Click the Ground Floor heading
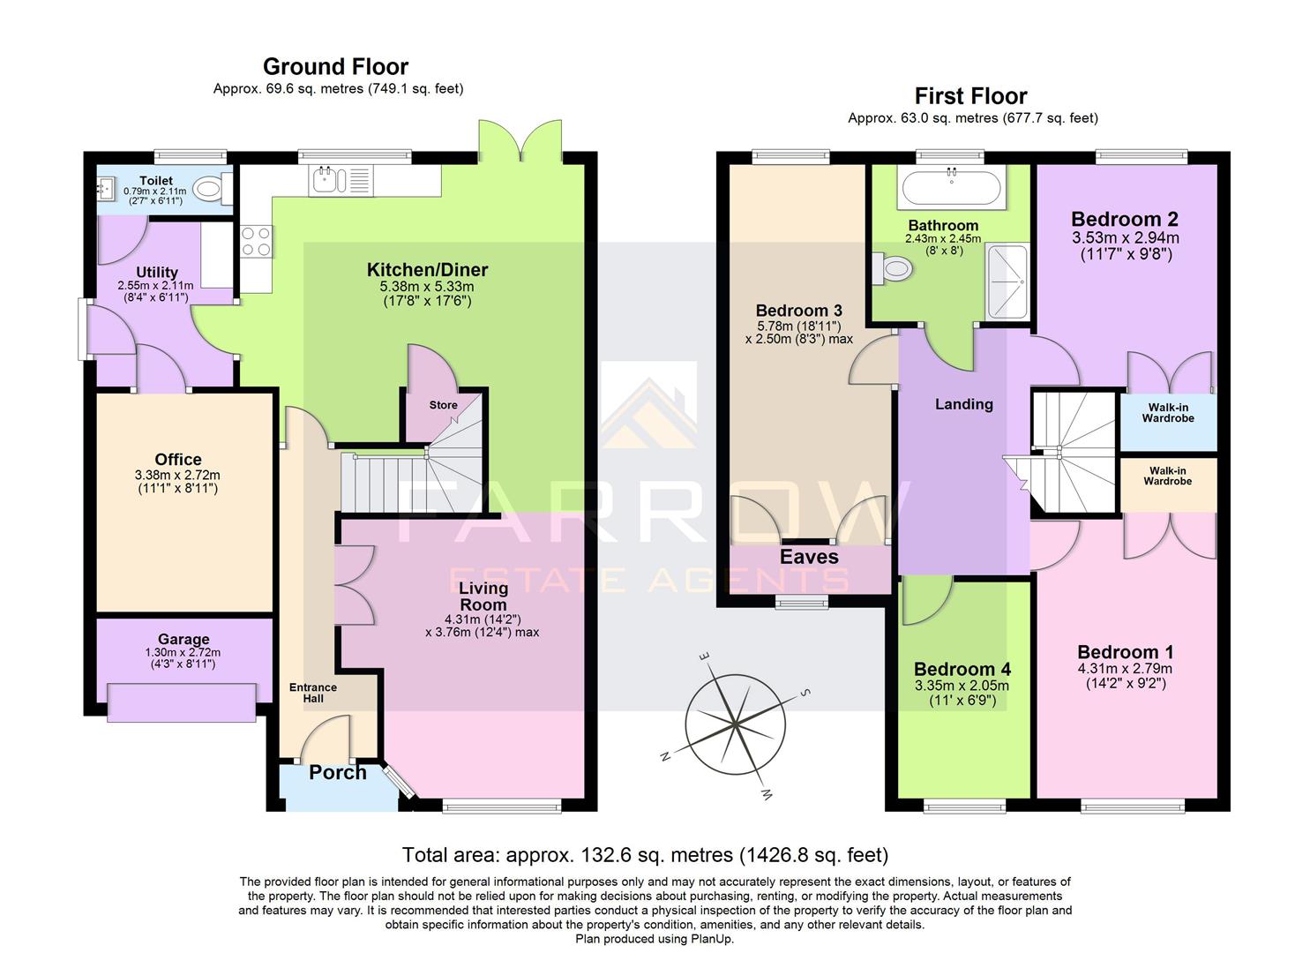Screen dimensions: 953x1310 click(335, 67)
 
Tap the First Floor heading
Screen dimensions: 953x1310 click(970, 96)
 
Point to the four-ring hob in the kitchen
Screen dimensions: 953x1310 click(256, 242)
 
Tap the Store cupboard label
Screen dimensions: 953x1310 click(443, 405)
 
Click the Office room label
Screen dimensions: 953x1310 click(178, 460)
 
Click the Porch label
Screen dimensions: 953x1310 click(337, 773)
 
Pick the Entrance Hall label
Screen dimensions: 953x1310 click(313, 693)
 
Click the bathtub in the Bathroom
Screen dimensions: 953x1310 click(950, 188)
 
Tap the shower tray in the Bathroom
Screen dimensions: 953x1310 click(1007, 281)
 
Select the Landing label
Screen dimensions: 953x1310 click(963, 404)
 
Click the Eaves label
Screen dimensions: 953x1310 click(809, 557)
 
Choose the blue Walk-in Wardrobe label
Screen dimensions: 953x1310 click(1167, 413)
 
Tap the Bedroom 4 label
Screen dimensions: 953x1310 click(962, 670)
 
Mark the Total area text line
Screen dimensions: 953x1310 click(645, 855)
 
